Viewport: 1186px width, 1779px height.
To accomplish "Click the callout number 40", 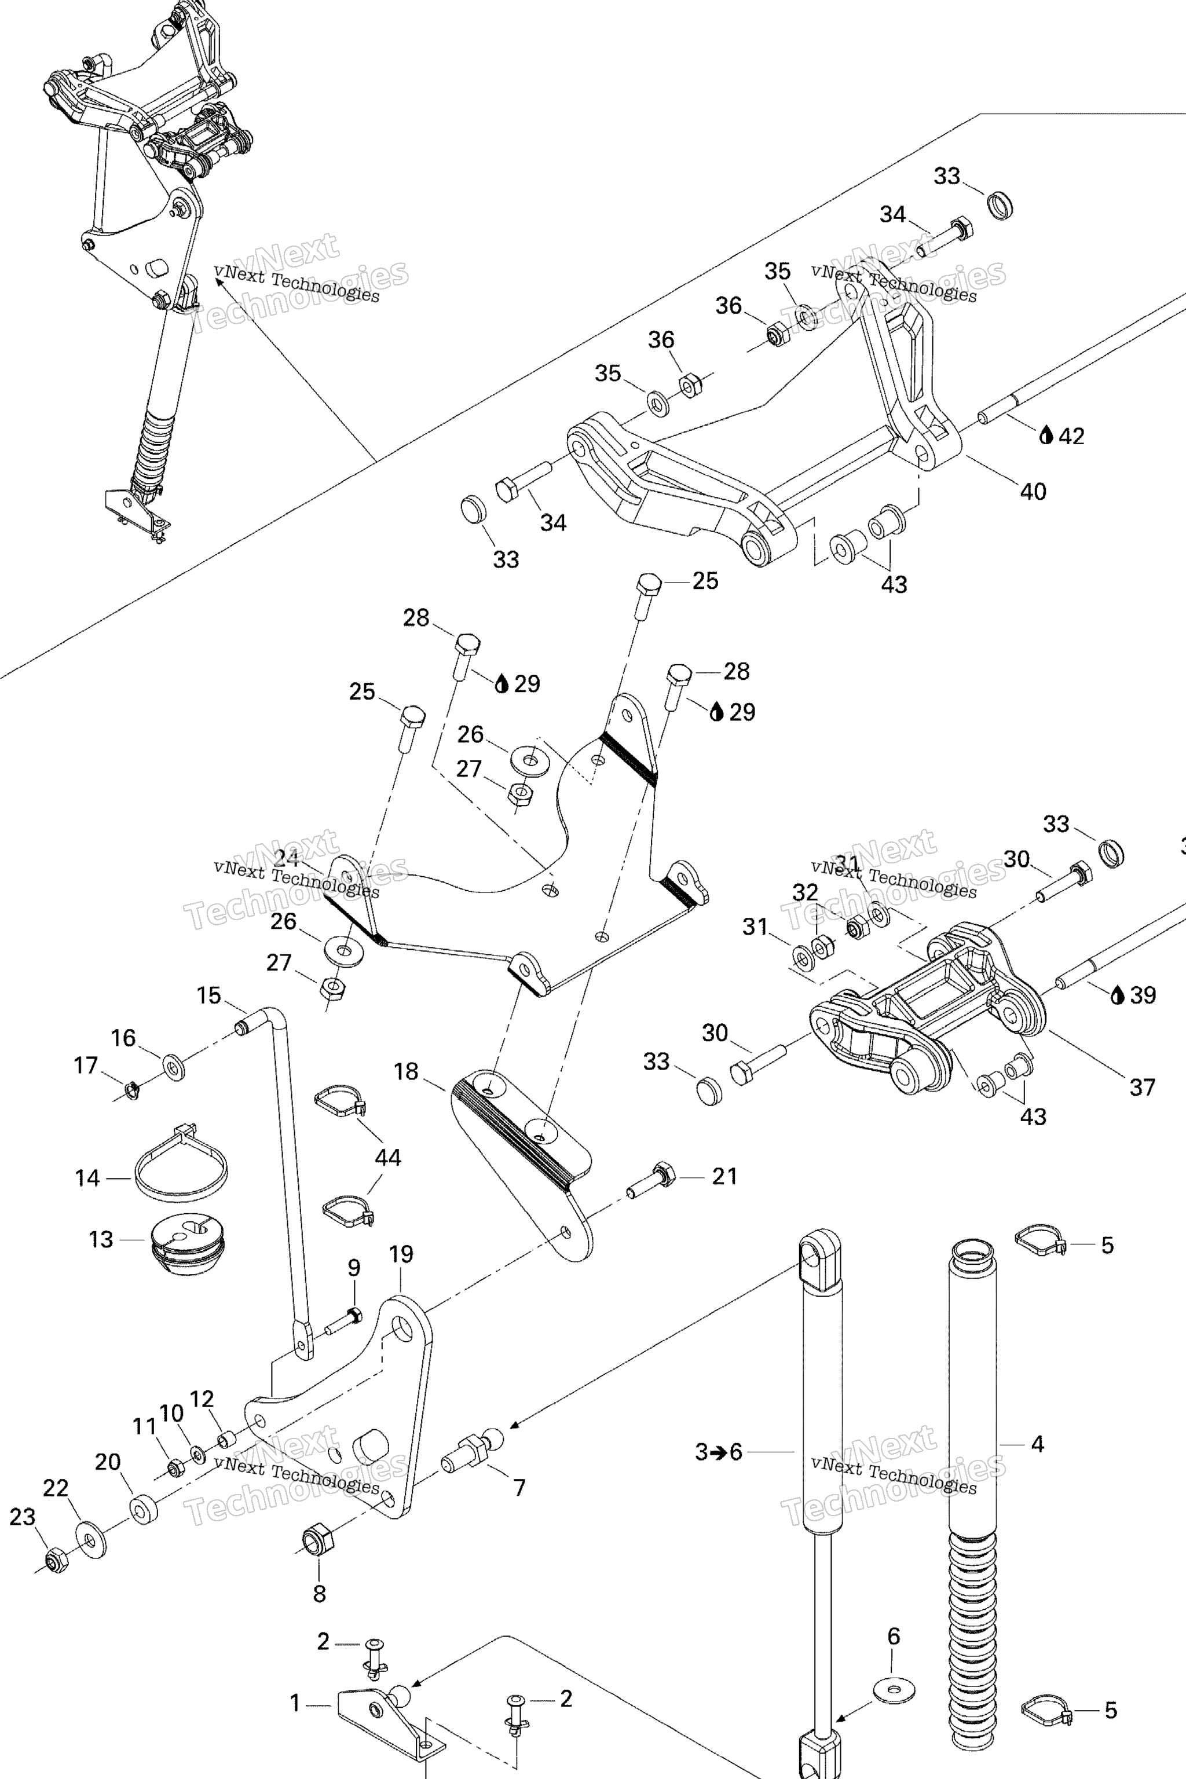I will pyautogui.click(x=1033, y=492).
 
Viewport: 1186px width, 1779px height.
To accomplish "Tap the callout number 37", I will pyautogui.click(x=1142, y=1088).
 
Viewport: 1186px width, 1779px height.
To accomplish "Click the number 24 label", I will pyautogui.click(x=286, y=858).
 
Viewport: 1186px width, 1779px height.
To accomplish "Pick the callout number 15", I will pyautogui.click(x=208, y=995).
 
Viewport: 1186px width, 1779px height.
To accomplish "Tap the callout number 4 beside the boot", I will pyautogui.click(x=1038, y=1444).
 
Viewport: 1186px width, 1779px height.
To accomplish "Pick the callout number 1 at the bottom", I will pyautogui.click(x=295, y=1703).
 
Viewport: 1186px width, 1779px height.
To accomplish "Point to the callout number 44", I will pyautogui.click(x=388, y=1157).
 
